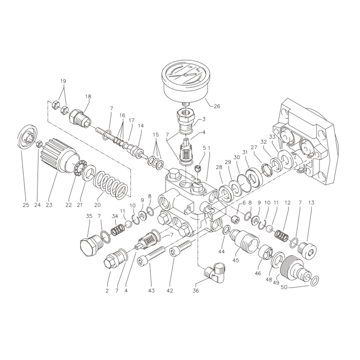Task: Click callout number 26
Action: [217, 106]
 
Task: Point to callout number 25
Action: [26, 205]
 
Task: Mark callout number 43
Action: [151, 290]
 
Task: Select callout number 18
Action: [88, 96]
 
